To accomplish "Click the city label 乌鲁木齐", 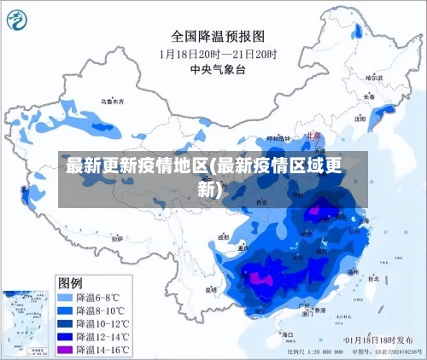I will pyautogui.click(x=112, y=102).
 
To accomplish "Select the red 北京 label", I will pyautogui.click(x=313, y=135).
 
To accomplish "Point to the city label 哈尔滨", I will pyautogui.click(x=374, y=78).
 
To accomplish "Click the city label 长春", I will pyautogui.click(x=369, y=97).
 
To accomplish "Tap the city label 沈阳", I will pyautogui.click(x=360, y=118).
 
